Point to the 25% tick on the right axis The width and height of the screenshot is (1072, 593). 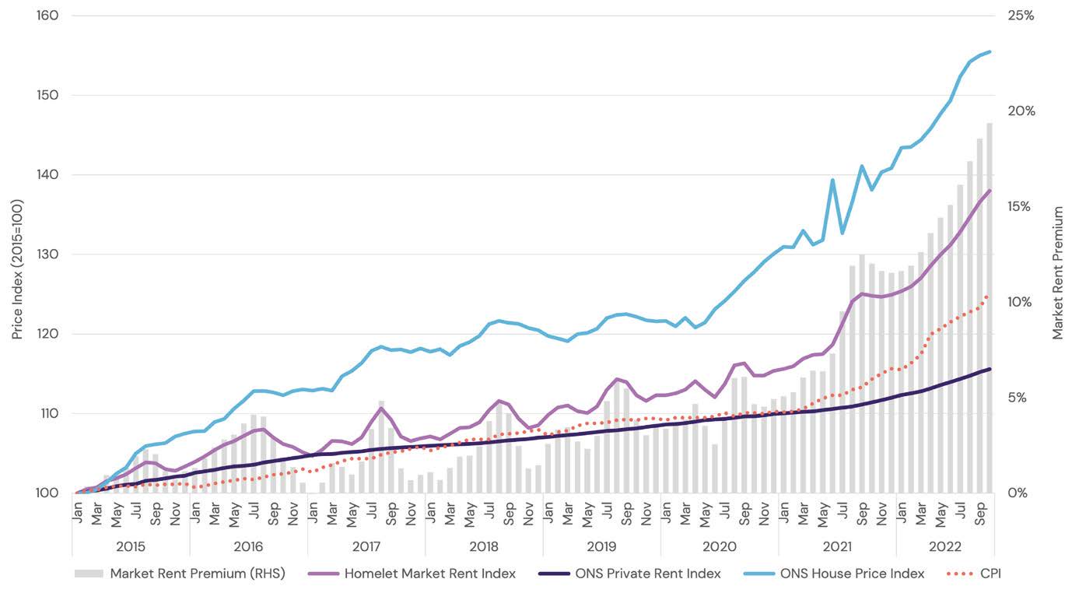pos(1019,16)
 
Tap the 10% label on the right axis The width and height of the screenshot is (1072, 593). pos(1019,302)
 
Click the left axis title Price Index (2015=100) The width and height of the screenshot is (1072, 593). pos(17,269)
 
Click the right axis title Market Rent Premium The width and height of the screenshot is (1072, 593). pos(1058,272)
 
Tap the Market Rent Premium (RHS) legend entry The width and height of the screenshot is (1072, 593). pos(197,574)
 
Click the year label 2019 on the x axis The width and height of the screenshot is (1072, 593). pos(601,546)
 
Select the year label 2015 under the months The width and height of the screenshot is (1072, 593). pos(130,546)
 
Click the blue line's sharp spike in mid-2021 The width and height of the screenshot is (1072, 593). pos(832,181)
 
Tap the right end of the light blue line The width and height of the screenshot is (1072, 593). pos(990,52)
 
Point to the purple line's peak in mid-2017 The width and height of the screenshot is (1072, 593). pos(381,408)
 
